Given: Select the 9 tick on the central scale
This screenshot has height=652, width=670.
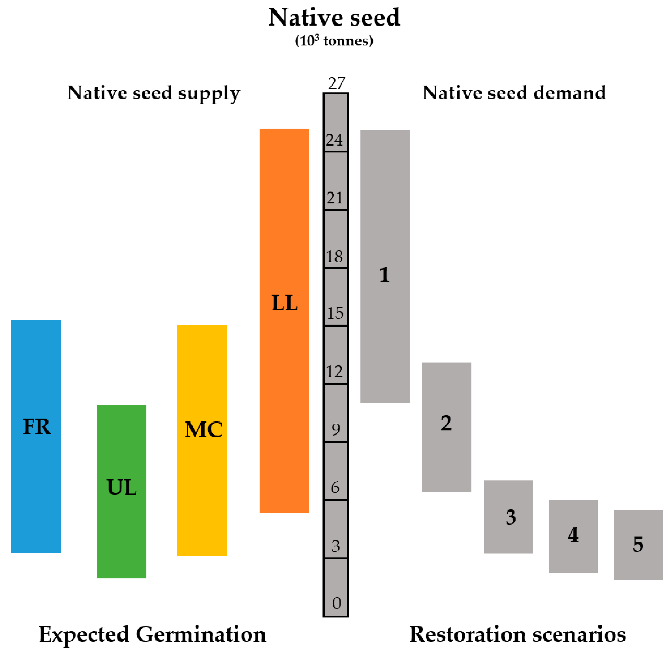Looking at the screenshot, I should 336,429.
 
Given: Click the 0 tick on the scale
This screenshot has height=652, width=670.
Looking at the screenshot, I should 336,603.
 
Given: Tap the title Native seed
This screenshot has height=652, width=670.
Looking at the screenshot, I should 334,18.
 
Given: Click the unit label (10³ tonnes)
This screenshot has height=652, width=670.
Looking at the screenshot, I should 334,41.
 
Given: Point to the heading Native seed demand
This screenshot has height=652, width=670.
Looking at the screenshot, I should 514,93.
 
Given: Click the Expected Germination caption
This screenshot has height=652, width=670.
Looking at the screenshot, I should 152,634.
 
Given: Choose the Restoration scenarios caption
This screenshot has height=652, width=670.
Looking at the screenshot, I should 518,634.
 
